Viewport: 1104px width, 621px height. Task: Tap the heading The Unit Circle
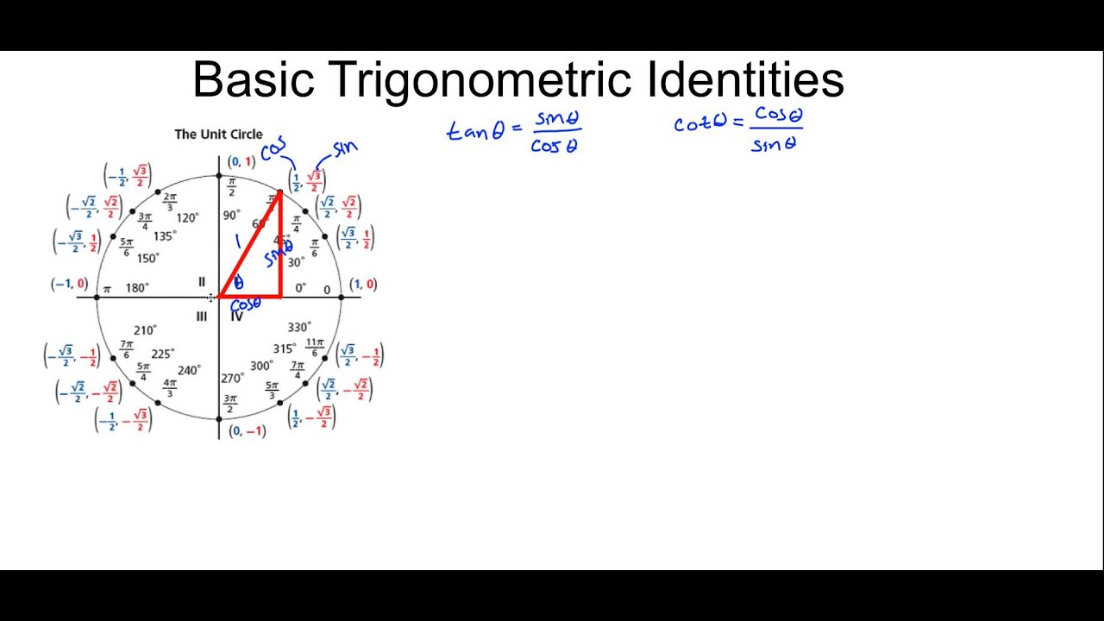click(x=218, y=134)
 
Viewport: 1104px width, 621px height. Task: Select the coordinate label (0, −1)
click(x=248, y=430)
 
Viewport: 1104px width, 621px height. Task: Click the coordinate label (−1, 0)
click(x=69, y=284)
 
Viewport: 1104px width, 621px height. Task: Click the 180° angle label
click(x=137, y=288)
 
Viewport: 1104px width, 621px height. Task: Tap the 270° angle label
click(x=232, y=379)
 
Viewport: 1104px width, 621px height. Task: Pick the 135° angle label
click(x=165, y=236)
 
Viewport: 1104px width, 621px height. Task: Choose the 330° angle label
click(x=299, y=327)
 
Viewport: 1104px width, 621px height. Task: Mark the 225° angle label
click(x=162, y=354)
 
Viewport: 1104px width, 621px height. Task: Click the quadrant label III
click(x=201, y=317)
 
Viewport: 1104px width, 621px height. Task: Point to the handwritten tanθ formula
click(x=514, y=131)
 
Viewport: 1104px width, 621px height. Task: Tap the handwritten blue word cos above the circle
click(x=273, y=149)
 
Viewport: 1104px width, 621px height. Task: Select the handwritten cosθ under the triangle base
click(x=246, y=304)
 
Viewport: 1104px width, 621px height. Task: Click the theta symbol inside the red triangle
click(x=239, y=282)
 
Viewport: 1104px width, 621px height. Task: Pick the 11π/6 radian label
click(x=315, y=348)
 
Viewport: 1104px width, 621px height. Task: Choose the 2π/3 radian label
click(x=170, y=202)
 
